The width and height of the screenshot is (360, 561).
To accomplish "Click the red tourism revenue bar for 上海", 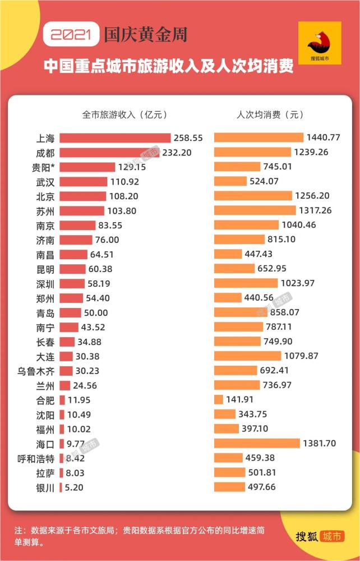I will click(x=115, y=137).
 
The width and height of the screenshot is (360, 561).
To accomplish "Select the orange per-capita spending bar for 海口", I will click(x=257, y=443).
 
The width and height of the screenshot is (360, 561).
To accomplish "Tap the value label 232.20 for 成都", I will click(x=177, y=152).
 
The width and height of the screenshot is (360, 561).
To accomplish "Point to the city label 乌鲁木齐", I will click(x=36, y=370).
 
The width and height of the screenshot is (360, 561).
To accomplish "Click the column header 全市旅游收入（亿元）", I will click(x=124, y=114).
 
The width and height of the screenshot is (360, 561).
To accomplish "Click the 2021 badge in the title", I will click(x=71, y=35).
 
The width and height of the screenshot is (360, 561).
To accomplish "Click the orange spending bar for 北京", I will click(x=253, y=196).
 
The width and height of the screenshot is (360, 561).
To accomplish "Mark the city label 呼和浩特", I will click(x=36, y=458).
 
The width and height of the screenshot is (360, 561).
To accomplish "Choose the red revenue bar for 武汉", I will click(x=83, y=181).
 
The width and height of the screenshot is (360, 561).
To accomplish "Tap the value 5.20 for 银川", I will click(x=73, y=488).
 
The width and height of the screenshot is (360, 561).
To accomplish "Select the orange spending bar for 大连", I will click(x=247, y=356).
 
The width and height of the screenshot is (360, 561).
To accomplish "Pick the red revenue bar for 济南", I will click(x=76, y=240).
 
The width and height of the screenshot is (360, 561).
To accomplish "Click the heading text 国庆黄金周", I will click(x=145, y=35).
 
